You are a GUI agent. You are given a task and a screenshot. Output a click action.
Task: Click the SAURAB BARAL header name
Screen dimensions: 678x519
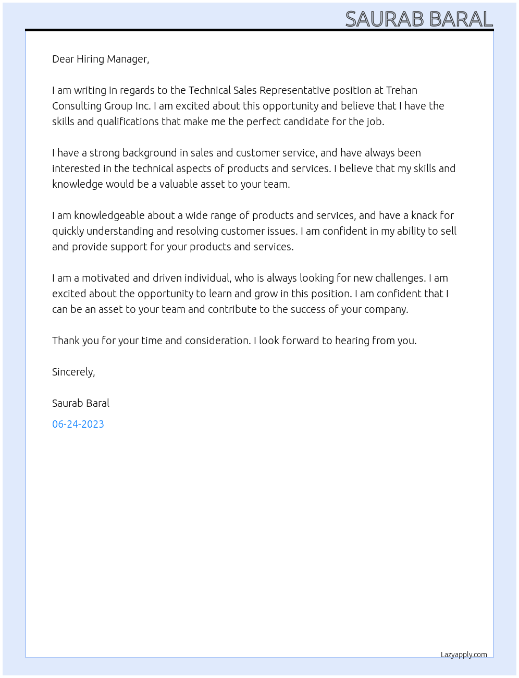pyautogui.click(x=419, y=19)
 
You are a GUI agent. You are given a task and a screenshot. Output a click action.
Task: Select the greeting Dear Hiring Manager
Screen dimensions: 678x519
pyautogui.click(x=101, y=59)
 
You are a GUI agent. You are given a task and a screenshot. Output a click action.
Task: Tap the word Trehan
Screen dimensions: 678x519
pyautogui.click(x=401, y=90)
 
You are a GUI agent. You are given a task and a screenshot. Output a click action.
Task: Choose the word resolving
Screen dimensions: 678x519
pyautogui.click(x=197, y=231)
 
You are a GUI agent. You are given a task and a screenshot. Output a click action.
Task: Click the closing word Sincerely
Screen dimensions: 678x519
pyautogui.click(x=73, y=372)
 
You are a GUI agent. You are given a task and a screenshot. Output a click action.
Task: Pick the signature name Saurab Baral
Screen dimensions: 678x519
pyautogui.click(x=81, y=403)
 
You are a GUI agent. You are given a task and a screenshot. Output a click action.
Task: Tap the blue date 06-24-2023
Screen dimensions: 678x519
pyautogui.click(x=78, y=424)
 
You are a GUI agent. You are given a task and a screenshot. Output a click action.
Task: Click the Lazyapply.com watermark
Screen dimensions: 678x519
pyautogui.click(x=464, y=655)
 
